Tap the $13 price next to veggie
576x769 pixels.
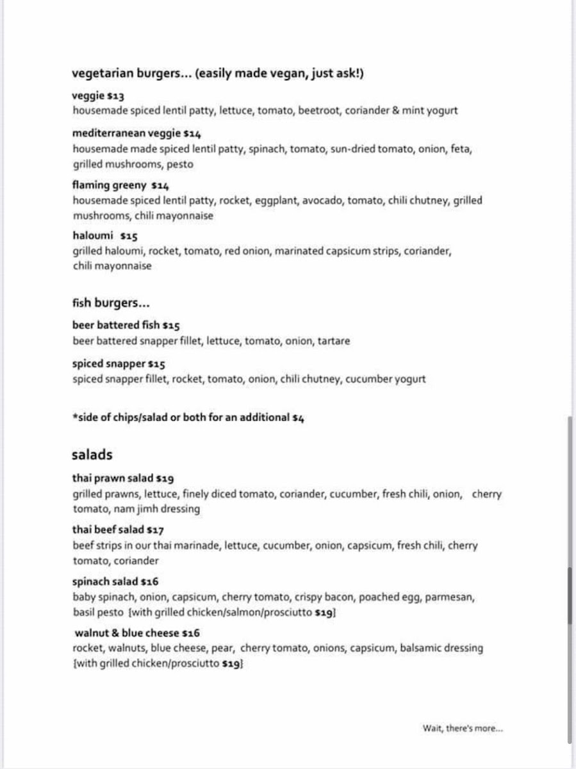[116, 96]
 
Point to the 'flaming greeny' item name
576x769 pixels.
[110, 185]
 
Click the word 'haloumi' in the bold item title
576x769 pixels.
[93, 235]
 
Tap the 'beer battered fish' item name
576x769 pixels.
[116, 325]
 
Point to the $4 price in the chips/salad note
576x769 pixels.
[298, 418]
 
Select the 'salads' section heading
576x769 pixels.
[92, 455]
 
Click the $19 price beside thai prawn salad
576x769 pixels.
[165, 478]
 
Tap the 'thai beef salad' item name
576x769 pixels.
[108, 530]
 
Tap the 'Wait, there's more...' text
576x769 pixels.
[463, 728]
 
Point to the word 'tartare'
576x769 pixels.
[334, 341]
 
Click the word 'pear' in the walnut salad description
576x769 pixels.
[223, 649]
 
